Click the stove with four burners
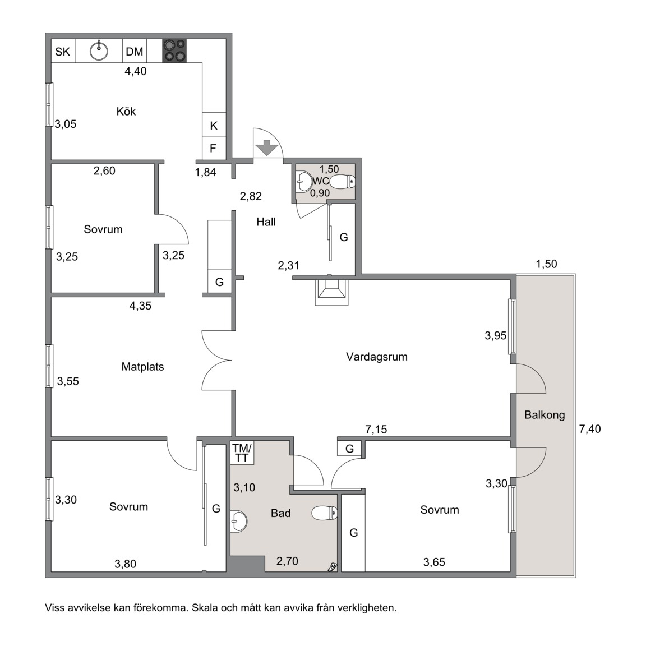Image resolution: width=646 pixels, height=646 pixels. click(x=174, y=50)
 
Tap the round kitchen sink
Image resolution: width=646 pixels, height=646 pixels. click(x=99, y=51)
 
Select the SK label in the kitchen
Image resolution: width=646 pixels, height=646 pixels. click(x=63, y=52)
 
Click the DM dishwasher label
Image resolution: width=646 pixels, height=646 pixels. click(x=135, y=52)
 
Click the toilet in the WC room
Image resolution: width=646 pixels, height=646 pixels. click(x=343, y=181)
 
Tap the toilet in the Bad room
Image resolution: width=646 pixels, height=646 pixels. click(x=325, y=513)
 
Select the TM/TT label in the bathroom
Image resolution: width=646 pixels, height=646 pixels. click(x=242, y=453)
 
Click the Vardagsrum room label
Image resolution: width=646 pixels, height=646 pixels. click(x=377, y=357)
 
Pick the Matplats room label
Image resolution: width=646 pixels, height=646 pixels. click(x=142, y=367)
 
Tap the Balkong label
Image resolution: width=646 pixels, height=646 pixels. click(x=545, y=415)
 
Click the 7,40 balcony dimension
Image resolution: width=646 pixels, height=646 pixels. click(x=590, y=429)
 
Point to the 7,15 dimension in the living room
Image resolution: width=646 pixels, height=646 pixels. click(x=376, y=430)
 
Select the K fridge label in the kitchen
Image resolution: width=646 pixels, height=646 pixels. click(x=214, y=126)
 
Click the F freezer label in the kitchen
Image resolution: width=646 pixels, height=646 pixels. click(x=213, y=148)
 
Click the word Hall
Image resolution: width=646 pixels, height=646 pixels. click(x=266, y=222)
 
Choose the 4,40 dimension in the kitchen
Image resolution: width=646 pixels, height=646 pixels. click(x=136, y=71)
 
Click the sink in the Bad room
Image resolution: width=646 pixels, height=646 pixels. click(x=238, y=521)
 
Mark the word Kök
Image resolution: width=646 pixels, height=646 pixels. click(x=126, y=111)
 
